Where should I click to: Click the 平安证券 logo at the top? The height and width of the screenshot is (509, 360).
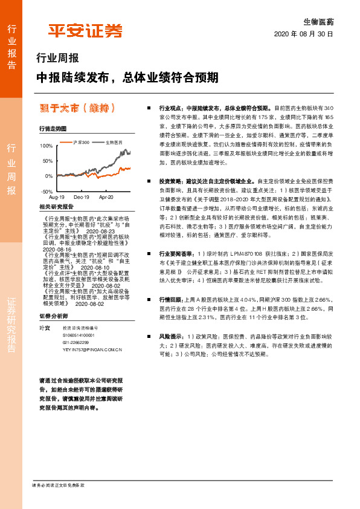(85, 30)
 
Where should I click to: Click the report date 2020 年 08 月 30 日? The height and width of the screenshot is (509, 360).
(303, 34)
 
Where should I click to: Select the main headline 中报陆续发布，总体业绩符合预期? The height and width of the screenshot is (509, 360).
(127, 77)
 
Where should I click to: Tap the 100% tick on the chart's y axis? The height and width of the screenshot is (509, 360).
(47, 146)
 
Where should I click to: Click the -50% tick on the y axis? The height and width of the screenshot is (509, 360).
(47, 190)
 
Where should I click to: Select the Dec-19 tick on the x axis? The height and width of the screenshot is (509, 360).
(82, 197)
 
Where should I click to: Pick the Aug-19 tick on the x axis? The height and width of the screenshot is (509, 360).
(57, 197)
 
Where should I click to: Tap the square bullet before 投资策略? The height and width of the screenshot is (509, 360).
(150, 181)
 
